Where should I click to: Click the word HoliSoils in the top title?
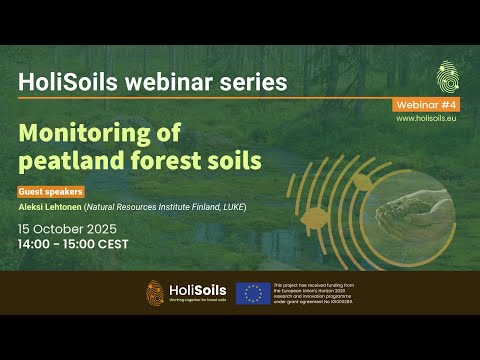pyautogui.click(x=62, y=81)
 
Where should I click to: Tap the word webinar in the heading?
pyautogui.click(x=156, y=81)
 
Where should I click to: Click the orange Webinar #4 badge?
pyautogui.click(x=427, y=104)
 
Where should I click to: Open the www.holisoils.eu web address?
pyautogui.click(x=427, y=118)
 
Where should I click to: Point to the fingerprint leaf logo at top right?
pyautogui.click(x=448, y=76)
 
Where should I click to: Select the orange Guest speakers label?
pyautogui.click(x=50, y=191)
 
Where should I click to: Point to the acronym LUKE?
pyautogui.click(x=232, y=207)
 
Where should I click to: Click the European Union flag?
pyautogui.click(x=253, y=293)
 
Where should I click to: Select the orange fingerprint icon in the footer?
pyautogui.click(x=155, y=292)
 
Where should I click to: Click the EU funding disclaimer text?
pyautogui.click(x=314, y=292)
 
